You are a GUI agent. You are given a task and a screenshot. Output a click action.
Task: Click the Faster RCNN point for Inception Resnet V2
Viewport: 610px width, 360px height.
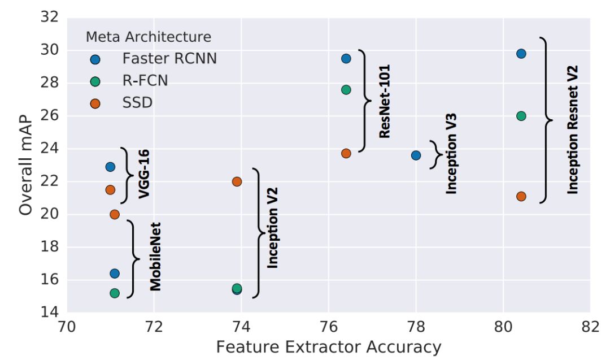[x=521, y=54]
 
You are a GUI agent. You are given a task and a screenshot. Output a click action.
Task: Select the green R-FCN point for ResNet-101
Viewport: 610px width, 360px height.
[x=346, y=90]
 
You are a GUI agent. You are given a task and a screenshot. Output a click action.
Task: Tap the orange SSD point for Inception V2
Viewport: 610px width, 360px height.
[x=237, y=181]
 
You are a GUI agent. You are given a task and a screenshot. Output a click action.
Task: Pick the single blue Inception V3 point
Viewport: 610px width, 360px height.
[x=416, y=155]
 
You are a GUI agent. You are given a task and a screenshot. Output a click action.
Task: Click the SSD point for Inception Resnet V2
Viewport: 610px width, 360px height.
[x=521, y=197]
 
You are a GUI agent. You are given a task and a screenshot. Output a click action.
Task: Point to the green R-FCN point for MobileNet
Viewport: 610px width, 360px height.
[x=115, y=293]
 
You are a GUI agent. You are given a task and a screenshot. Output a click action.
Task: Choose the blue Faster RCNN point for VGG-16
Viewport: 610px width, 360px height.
[x=110, y=167]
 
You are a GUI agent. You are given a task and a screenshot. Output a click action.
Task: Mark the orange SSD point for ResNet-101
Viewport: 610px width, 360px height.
[x=346, y=153]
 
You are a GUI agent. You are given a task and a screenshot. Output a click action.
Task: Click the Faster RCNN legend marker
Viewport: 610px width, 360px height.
[x=95, y=59]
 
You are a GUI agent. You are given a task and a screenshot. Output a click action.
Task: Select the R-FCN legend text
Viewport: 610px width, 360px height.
[x=145, y=81]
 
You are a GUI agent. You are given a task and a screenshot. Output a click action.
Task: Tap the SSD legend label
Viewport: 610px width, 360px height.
[x=137, y=103]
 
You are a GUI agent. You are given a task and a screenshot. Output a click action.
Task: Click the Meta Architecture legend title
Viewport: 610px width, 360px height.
[x=149, y=37]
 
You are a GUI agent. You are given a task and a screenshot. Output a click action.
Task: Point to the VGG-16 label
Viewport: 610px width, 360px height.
[x=144, y=174]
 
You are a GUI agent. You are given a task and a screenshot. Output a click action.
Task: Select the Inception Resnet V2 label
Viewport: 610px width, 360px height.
[x=573, y=129]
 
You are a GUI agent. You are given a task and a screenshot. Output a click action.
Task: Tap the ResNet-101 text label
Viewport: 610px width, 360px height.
[x=385, y=101]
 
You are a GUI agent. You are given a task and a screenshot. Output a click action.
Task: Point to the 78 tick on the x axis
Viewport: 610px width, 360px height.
[x=416, y=327]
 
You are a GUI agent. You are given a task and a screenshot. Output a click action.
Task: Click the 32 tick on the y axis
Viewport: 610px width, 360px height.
[x=50, y=18]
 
